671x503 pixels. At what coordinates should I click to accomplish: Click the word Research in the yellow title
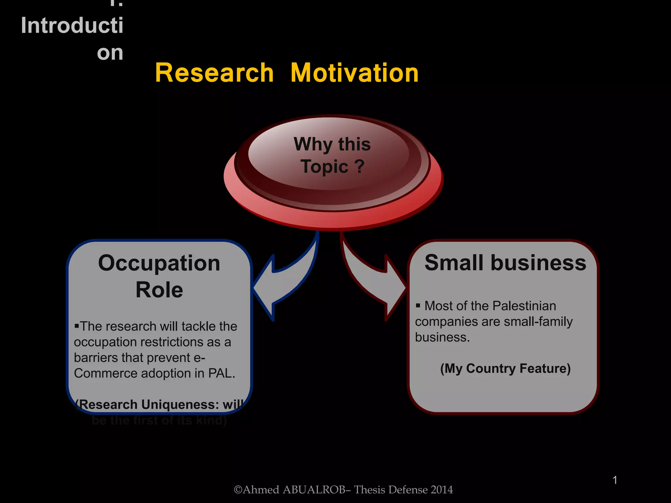214,73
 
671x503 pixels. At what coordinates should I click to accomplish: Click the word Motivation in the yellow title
355,73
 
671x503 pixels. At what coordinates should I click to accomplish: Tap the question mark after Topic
359,166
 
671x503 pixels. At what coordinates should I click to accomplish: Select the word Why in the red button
313,144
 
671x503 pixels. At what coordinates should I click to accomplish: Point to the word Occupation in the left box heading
159,264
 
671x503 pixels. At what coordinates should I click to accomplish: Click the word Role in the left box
159,290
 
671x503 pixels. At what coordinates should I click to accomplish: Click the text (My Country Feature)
505,368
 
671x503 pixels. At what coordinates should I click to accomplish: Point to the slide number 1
615,480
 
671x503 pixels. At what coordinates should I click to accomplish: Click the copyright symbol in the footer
238,490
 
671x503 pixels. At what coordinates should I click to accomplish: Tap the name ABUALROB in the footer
314,490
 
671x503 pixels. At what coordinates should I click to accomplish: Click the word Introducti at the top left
72,26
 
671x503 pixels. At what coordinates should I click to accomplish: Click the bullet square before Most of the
418,306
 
